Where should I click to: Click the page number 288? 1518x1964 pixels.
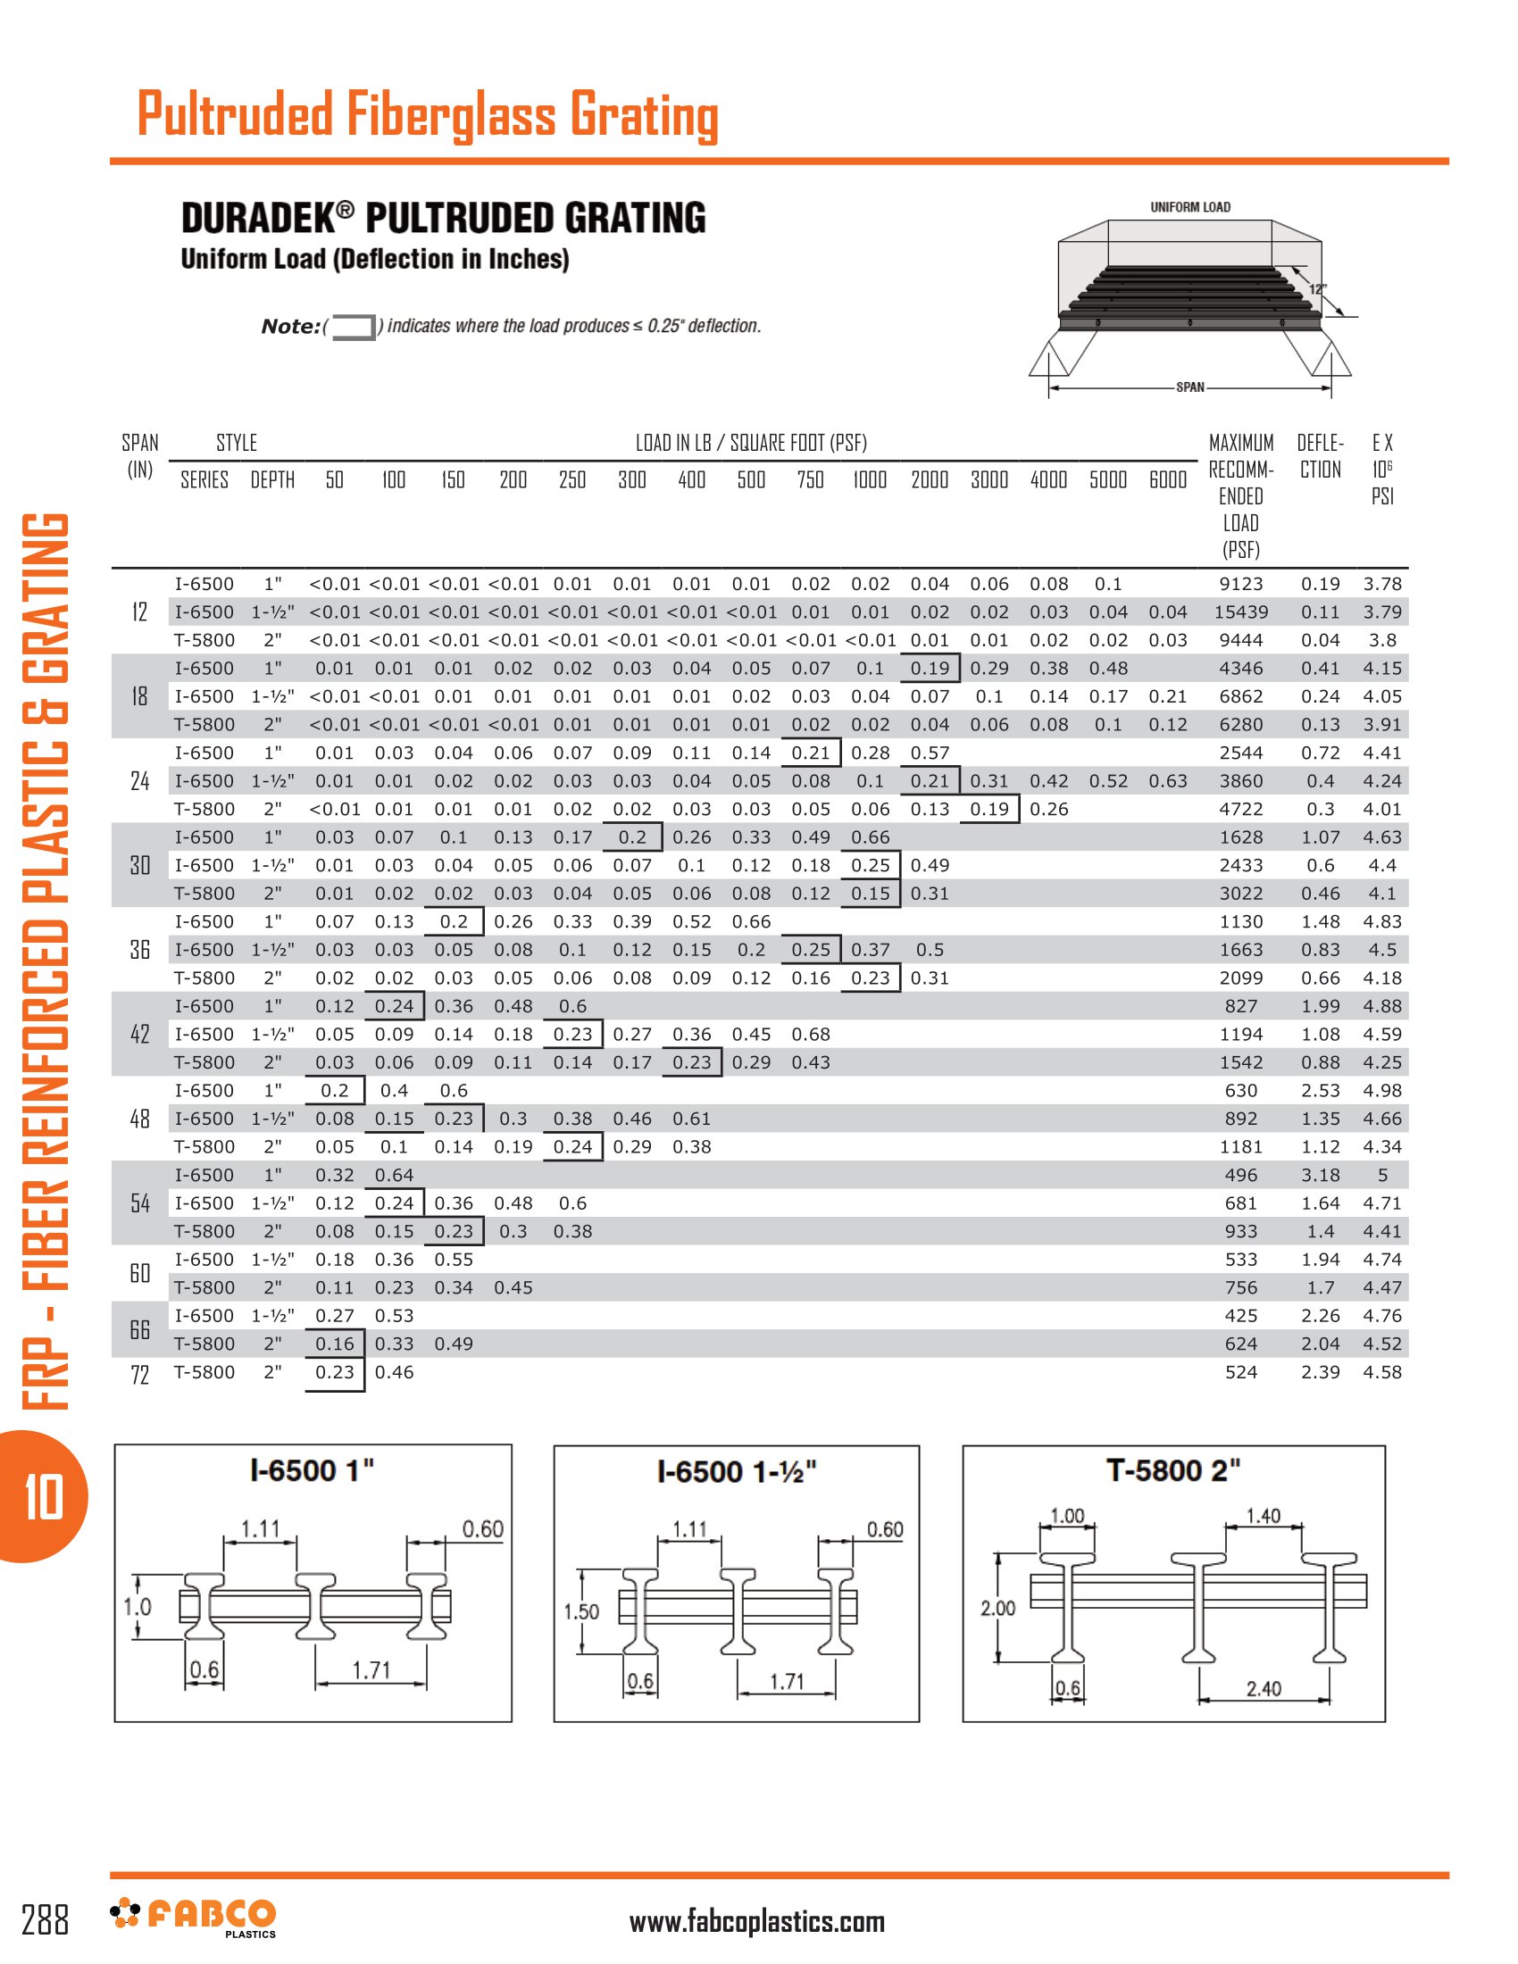(45, 1920)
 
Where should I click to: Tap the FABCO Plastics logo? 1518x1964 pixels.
(195, 1917)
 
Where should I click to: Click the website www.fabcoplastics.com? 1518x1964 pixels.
(756, 1922)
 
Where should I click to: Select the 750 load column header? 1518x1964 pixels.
(810, 480)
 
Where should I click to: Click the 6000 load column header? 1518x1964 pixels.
(1167, 480)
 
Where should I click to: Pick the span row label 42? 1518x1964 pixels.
(140, 1034)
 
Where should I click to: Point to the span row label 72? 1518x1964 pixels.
(140, 1374)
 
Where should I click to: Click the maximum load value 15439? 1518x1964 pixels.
(1240, 612)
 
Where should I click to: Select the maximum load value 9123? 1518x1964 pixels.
(1240, 585)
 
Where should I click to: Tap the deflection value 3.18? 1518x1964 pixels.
(1319, 1176)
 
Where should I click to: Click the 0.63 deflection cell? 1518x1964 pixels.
(1167, 781)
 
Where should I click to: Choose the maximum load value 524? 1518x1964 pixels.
(1240, 1372)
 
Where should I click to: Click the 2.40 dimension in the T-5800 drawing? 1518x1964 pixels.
(1264, 1689)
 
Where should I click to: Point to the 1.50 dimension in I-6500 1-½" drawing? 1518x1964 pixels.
(581, 1611)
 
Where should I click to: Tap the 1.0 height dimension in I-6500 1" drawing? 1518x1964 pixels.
(138, 1607)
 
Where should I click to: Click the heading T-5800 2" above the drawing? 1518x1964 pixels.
(1172, 1471)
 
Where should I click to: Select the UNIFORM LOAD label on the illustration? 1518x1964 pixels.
(1189, 208)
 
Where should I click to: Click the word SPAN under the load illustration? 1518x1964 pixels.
(1189, 387)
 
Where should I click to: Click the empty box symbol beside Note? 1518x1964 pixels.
(354, 328)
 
